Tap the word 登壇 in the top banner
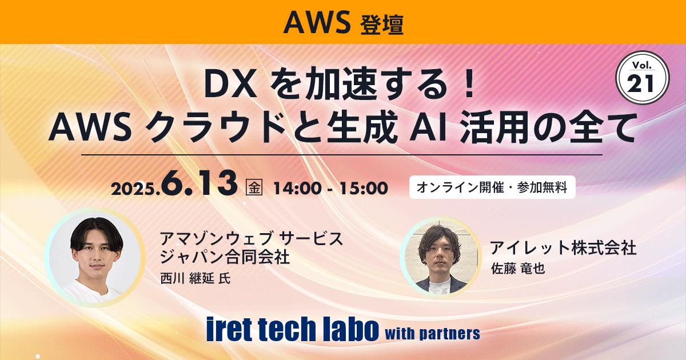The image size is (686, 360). tap(382, 24)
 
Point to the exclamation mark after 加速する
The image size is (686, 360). tap(468, 86)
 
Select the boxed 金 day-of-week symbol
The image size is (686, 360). tap(253, 187)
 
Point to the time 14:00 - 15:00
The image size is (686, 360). tap(330, 187)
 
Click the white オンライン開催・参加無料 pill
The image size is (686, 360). tap(492, 188)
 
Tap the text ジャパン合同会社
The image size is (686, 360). tap(226, 255)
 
